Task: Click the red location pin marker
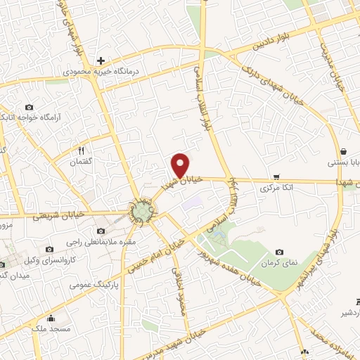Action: [181, 165]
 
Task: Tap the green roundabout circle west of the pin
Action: [143, 210]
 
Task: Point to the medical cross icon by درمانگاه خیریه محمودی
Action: [101, 60]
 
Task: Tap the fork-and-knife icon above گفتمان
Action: [81, 150]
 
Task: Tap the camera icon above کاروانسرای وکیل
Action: [49, 249]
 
